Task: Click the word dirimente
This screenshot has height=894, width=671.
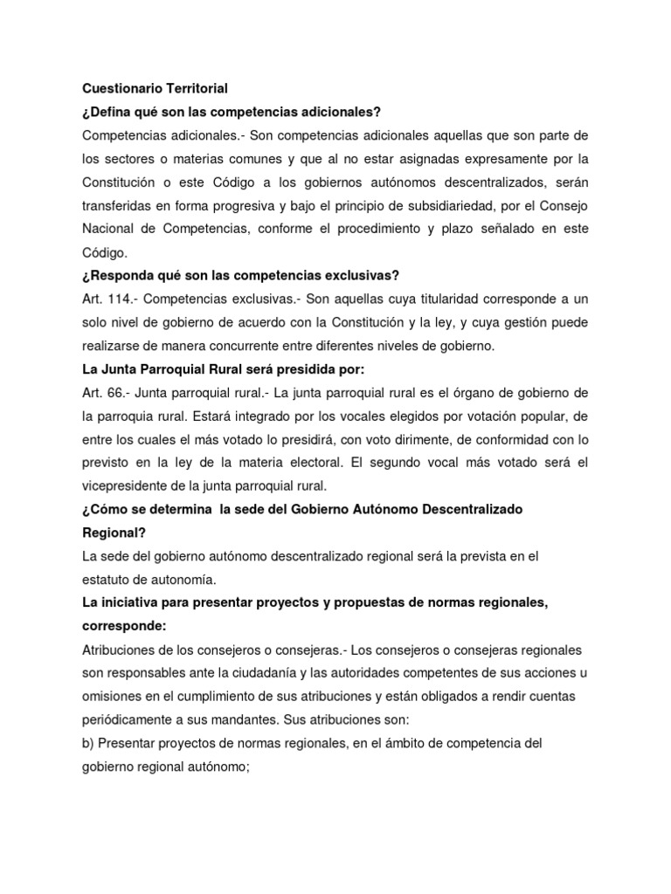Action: [394, 440]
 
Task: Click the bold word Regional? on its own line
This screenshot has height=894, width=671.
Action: [114, 533]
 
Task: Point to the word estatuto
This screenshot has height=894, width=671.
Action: [106, 580]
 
